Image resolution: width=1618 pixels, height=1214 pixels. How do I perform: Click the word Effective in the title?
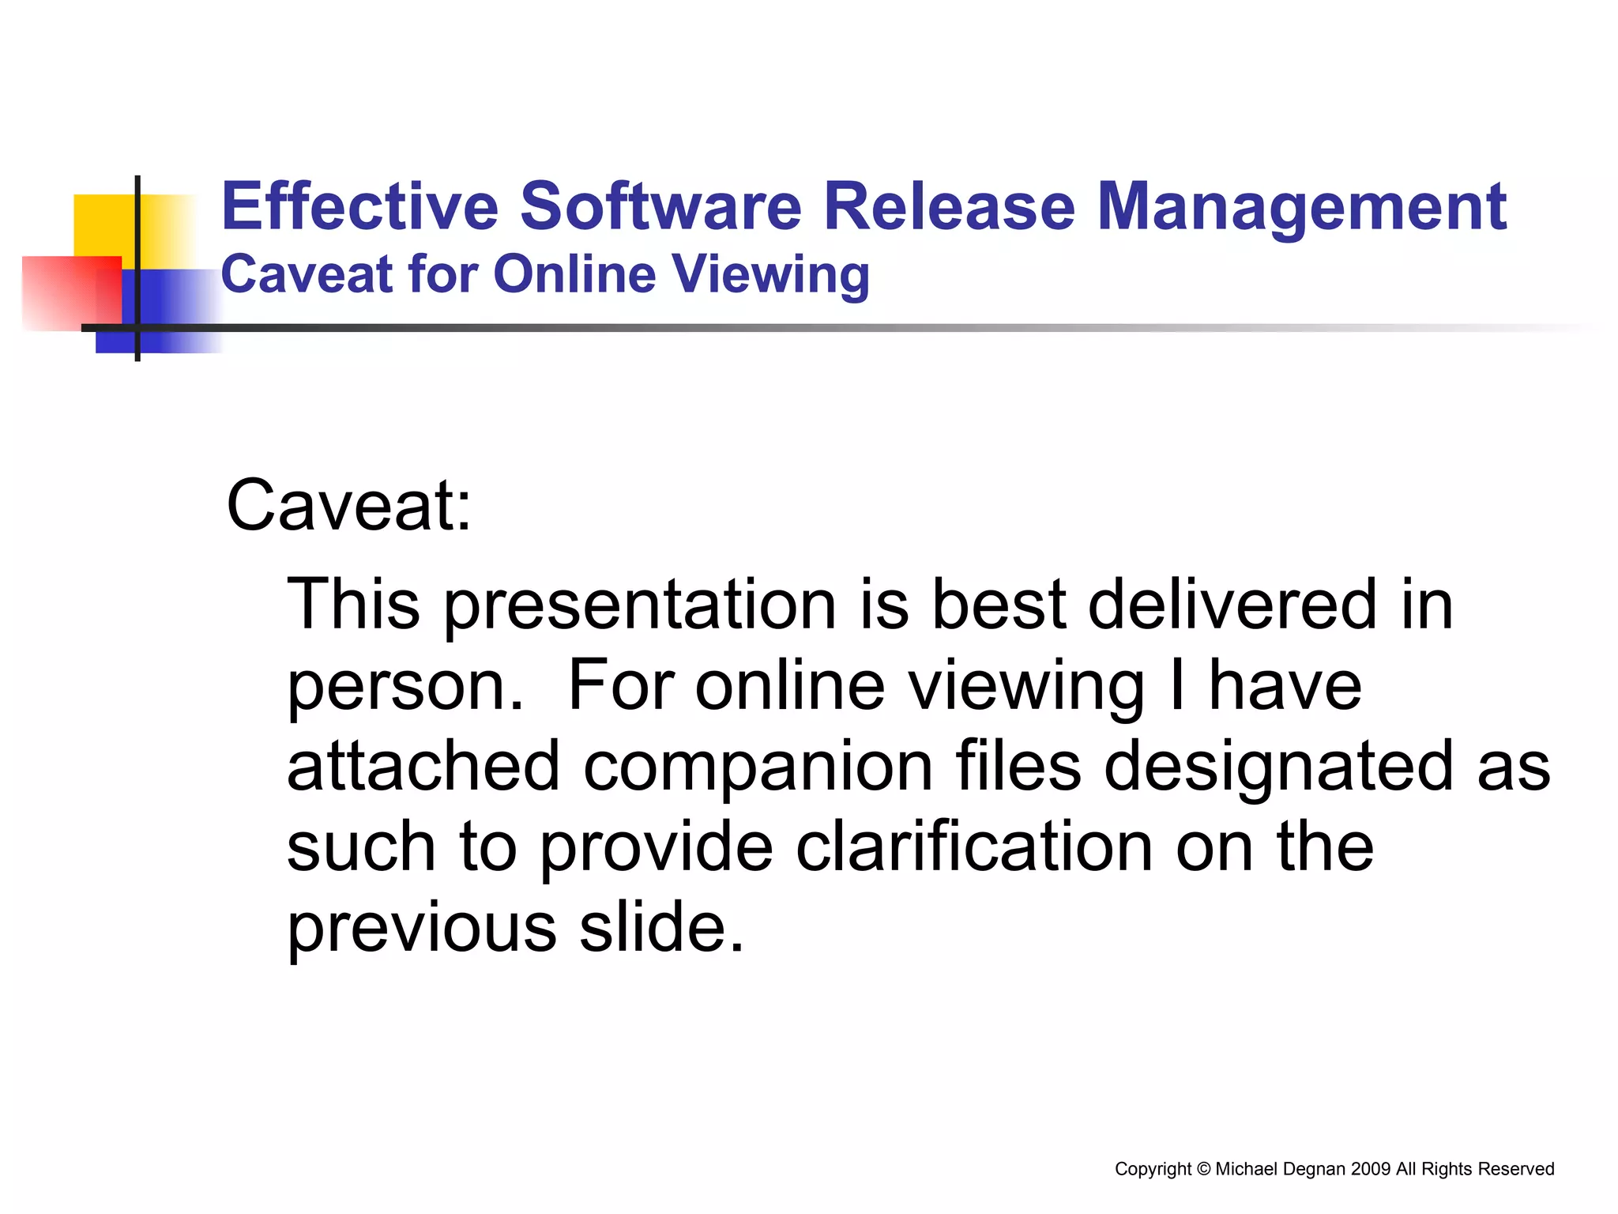(359, 207)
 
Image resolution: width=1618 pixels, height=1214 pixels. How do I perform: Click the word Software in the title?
(660, 207)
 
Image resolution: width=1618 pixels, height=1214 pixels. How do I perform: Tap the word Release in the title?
(949, 207)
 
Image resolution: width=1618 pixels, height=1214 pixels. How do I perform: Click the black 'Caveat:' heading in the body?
(348, 506)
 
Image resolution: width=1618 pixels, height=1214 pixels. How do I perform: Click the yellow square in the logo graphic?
(103, 225)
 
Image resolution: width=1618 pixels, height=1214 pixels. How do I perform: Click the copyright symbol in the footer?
(1203, 1169)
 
